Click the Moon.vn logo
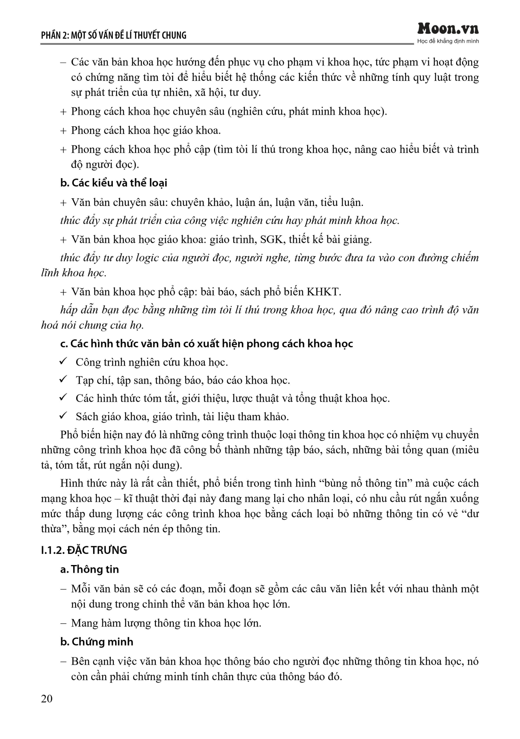448,29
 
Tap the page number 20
47,699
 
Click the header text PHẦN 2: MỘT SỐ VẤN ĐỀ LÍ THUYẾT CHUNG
114,35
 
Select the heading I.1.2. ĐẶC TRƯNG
84,550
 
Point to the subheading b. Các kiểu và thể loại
114,183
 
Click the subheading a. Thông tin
89,569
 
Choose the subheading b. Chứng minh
97,642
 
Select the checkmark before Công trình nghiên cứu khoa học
63,361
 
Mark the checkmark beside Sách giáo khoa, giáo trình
63,416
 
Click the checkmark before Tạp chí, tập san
63,380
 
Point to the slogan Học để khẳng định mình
448,41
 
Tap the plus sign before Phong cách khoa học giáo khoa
64,131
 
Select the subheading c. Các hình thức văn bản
206,343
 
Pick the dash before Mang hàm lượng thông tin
64,623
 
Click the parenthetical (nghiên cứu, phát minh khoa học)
307,112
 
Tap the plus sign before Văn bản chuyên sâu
64,202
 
